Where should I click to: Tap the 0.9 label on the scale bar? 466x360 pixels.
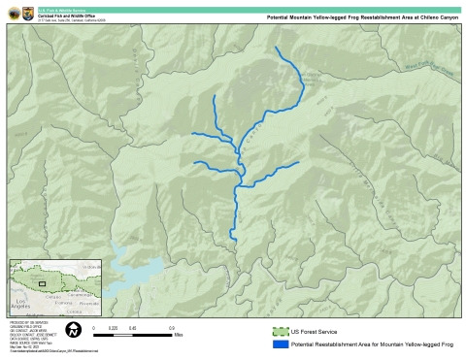[171, 328]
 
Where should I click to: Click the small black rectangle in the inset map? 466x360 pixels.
[42, 283]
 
